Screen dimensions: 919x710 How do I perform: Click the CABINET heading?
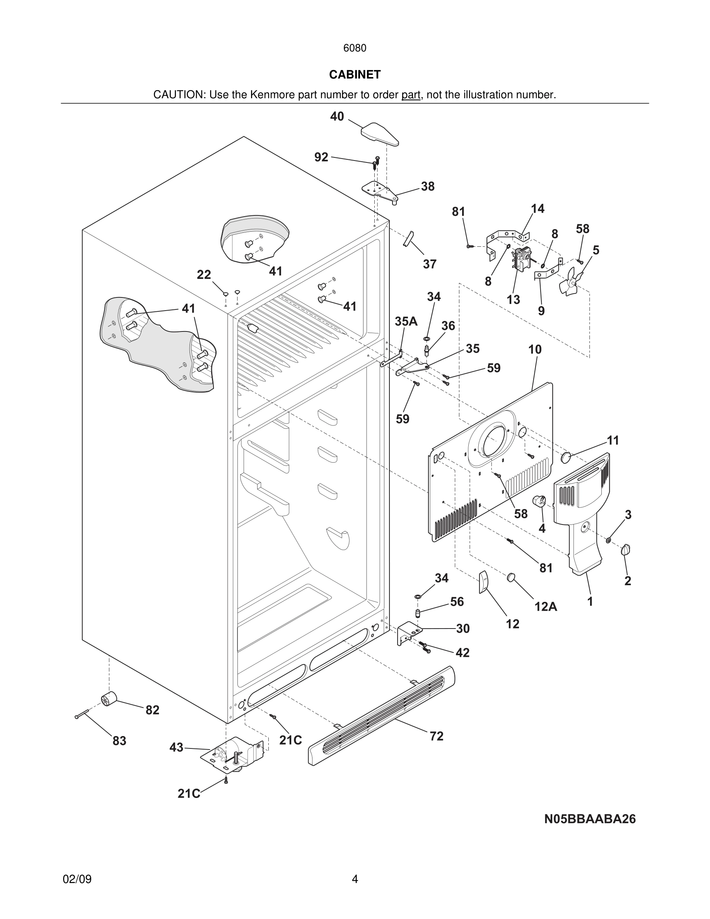pyautogui.click(x=355, y=75)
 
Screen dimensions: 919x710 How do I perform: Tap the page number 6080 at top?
pyautogui.click(x=355, y=48)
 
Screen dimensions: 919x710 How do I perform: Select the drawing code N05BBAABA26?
pyautogui.click(x=590, y=819)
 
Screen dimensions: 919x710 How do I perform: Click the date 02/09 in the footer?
pyautogui.click(x=77, y=879)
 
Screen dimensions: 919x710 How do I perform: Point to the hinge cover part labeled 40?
pyautogui.click(x=379, y=134)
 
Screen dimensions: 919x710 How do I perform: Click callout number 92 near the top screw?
pyautogui.click(x=321, y=157)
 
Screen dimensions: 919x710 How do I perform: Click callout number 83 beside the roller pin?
pyautogui.click(x=119, y=740)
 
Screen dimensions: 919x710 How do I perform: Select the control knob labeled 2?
pyautogui.click(x=626, y=550)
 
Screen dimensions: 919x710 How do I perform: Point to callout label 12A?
pyautogui.click(x=546, y=606)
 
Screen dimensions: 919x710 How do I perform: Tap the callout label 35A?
pyautogui.click(x=406, y=321)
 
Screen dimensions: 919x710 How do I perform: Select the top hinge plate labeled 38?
pyautogui.click(x=379, y=191)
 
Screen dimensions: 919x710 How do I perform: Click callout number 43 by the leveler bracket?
pyautogui.click(x=176, y=747)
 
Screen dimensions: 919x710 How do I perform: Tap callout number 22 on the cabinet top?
pyautogui.click(x=204, y=275)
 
